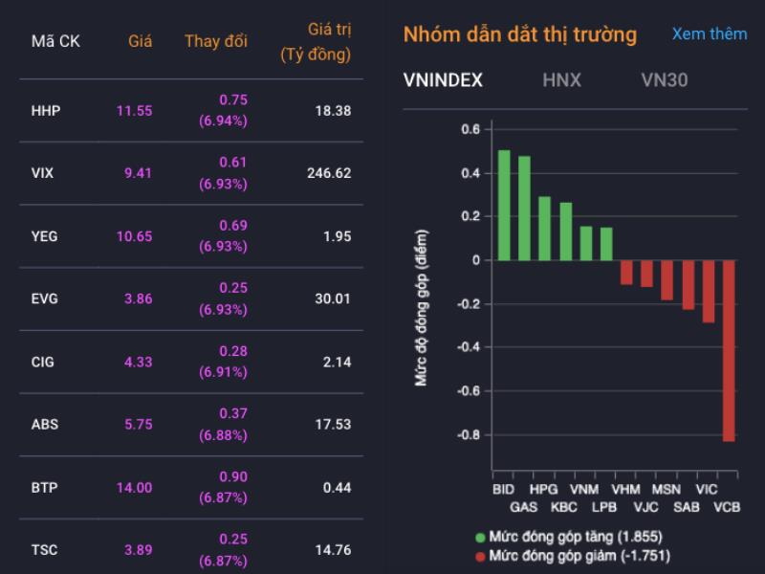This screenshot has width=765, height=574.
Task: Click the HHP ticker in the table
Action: (x=46, y=111)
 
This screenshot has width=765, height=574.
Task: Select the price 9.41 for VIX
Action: (x=134, y=173)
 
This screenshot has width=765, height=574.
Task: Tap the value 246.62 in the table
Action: (x=327, y=173)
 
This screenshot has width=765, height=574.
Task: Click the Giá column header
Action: (x=141, y=42)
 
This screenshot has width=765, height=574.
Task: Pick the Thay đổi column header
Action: (x=215, y=42)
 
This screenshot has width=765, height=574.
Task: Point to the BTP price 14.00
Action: (x=134, y=488)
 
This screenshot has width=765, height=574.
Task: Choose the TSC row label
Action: (x=45, y=550)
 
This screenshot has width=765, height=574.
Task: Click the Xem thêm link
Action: (x=709, y=34)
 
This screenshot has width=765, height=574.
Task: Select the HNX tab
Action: (x=561, y=80)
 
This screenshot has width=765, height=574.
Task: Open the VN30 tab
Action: (x=664, y=80)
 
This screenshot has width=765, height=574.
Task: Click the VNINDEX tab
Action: (x=444, y=80)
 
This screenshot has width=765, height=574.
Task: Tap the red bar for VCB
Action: (x=729, y=350)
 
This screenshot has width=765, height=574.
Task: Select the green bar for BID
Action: (x=504, y=205)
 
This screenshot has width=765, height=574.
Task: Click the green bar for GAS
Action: (x=524, y=208)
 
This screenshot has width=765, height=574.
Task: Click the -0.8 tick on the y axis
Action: (x=468, y=434)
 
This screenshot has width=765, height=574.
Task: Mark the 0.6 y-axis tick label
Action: (x=470, y=129)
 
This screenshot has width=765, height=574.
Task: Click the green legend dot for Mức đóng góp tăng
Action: (x=479, y=537)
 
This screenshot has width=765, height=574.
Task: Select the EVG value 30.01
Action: (x=333, y=298)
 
